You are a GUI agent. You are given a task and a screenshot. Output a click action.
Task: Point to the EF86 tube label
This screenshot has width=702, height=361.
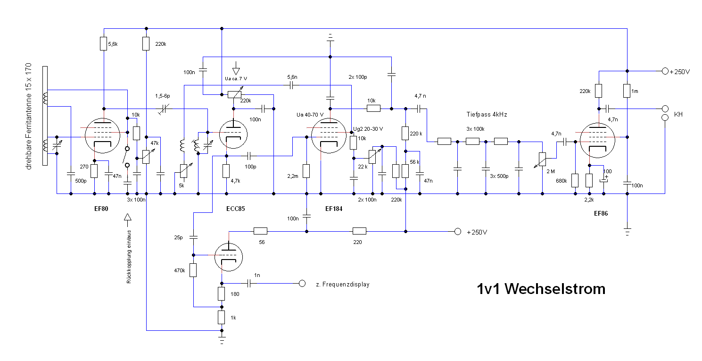click(x=601, y=213)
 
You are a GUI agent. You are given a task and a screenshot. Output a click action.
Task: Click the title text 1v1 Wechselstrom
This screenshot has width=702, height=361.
click(x=541, y=288)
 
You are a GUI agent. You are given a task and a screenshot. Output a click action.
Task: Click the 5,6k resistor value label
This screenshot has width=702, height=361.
click(x=113, y=44)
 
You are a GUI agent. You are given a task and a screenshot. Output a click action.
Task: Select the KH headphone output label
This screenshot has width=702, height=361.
click(x=678, y=115)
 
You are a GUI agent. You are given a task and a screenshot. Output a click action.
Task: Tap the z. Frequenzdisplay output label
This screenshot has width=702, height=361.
click(x=342, y=285)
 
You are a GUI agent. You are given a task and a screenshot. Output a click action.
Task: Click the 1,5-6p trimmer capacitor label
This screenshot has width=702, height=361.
click(x=165, y=96)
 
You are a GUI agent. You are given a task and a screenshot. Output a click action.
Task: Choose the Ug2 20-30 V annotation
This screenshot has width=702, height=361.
click(x=368, y=129)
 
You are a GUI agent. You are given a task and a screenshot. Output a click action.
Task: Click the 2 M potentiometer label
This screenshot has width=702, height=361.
click(x=550, y=171)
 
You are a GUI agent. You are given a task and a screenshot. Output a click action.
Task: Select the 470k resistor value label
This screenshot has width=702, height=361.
click(x=180, y=271)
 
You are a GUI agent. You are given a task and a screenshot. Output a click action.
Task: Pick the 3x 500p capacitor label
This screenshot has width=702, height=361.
click(x=499, y=176)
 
